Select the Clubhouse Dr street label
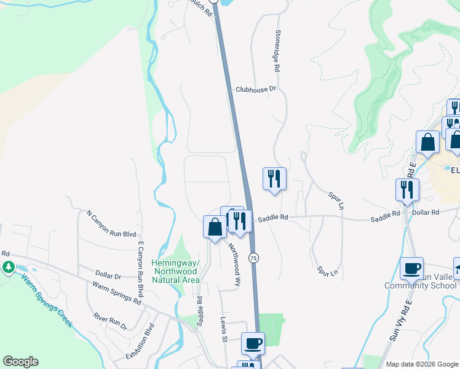click(256, 89)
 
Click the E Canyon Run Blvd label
click(141, 269)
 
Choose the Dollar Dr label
click(108, 273)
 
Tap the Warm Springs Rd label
click(116, 293)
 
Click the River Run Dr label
click(109, 320)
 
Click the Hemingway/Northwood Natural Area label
click(175, 271)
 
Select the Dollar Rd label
click(426, 212)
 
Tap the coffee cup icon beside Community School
click(411, 268)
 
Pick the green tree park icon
click(9, 267)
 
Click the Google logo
click(20, 362)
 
